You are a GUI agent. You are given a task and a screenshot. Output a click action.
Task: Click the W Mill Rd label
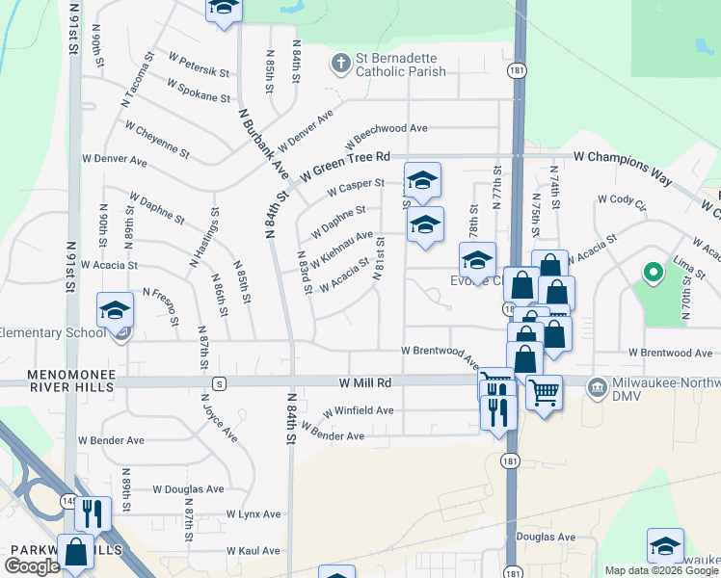pyautogui.click(x=364, y=382)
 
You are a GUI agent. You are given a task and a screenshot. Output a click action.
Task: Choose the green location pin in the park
pyautogui.click(x=653, y=274)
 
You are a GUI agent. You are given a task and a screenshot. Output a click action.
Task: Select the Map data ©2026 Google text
pyautogui.click(x=660, y=570)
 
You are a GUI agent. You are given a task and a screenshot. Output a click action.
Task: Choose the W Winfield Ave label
pyautogui.click(x=358, y=410)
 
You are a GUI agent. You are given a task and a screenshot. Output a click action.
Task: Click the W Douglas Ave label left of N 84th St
pyautogui.click(x=188, y=489)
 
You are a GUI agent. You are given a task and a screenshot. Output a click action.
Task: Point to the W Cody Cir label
pyautogui.click(x=621, y=199)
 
